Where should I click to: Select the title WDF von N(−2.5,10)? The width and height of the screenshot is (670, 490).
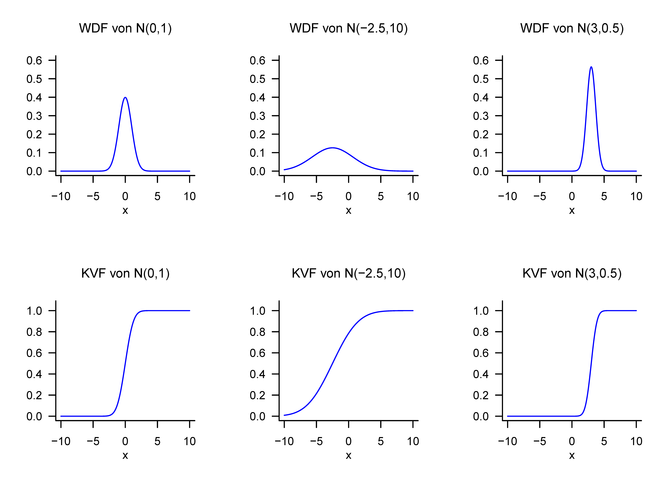[348, 28]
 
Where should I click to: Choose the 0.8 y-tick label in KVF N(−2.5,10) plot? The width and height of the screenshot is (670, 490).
[257, 332]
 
